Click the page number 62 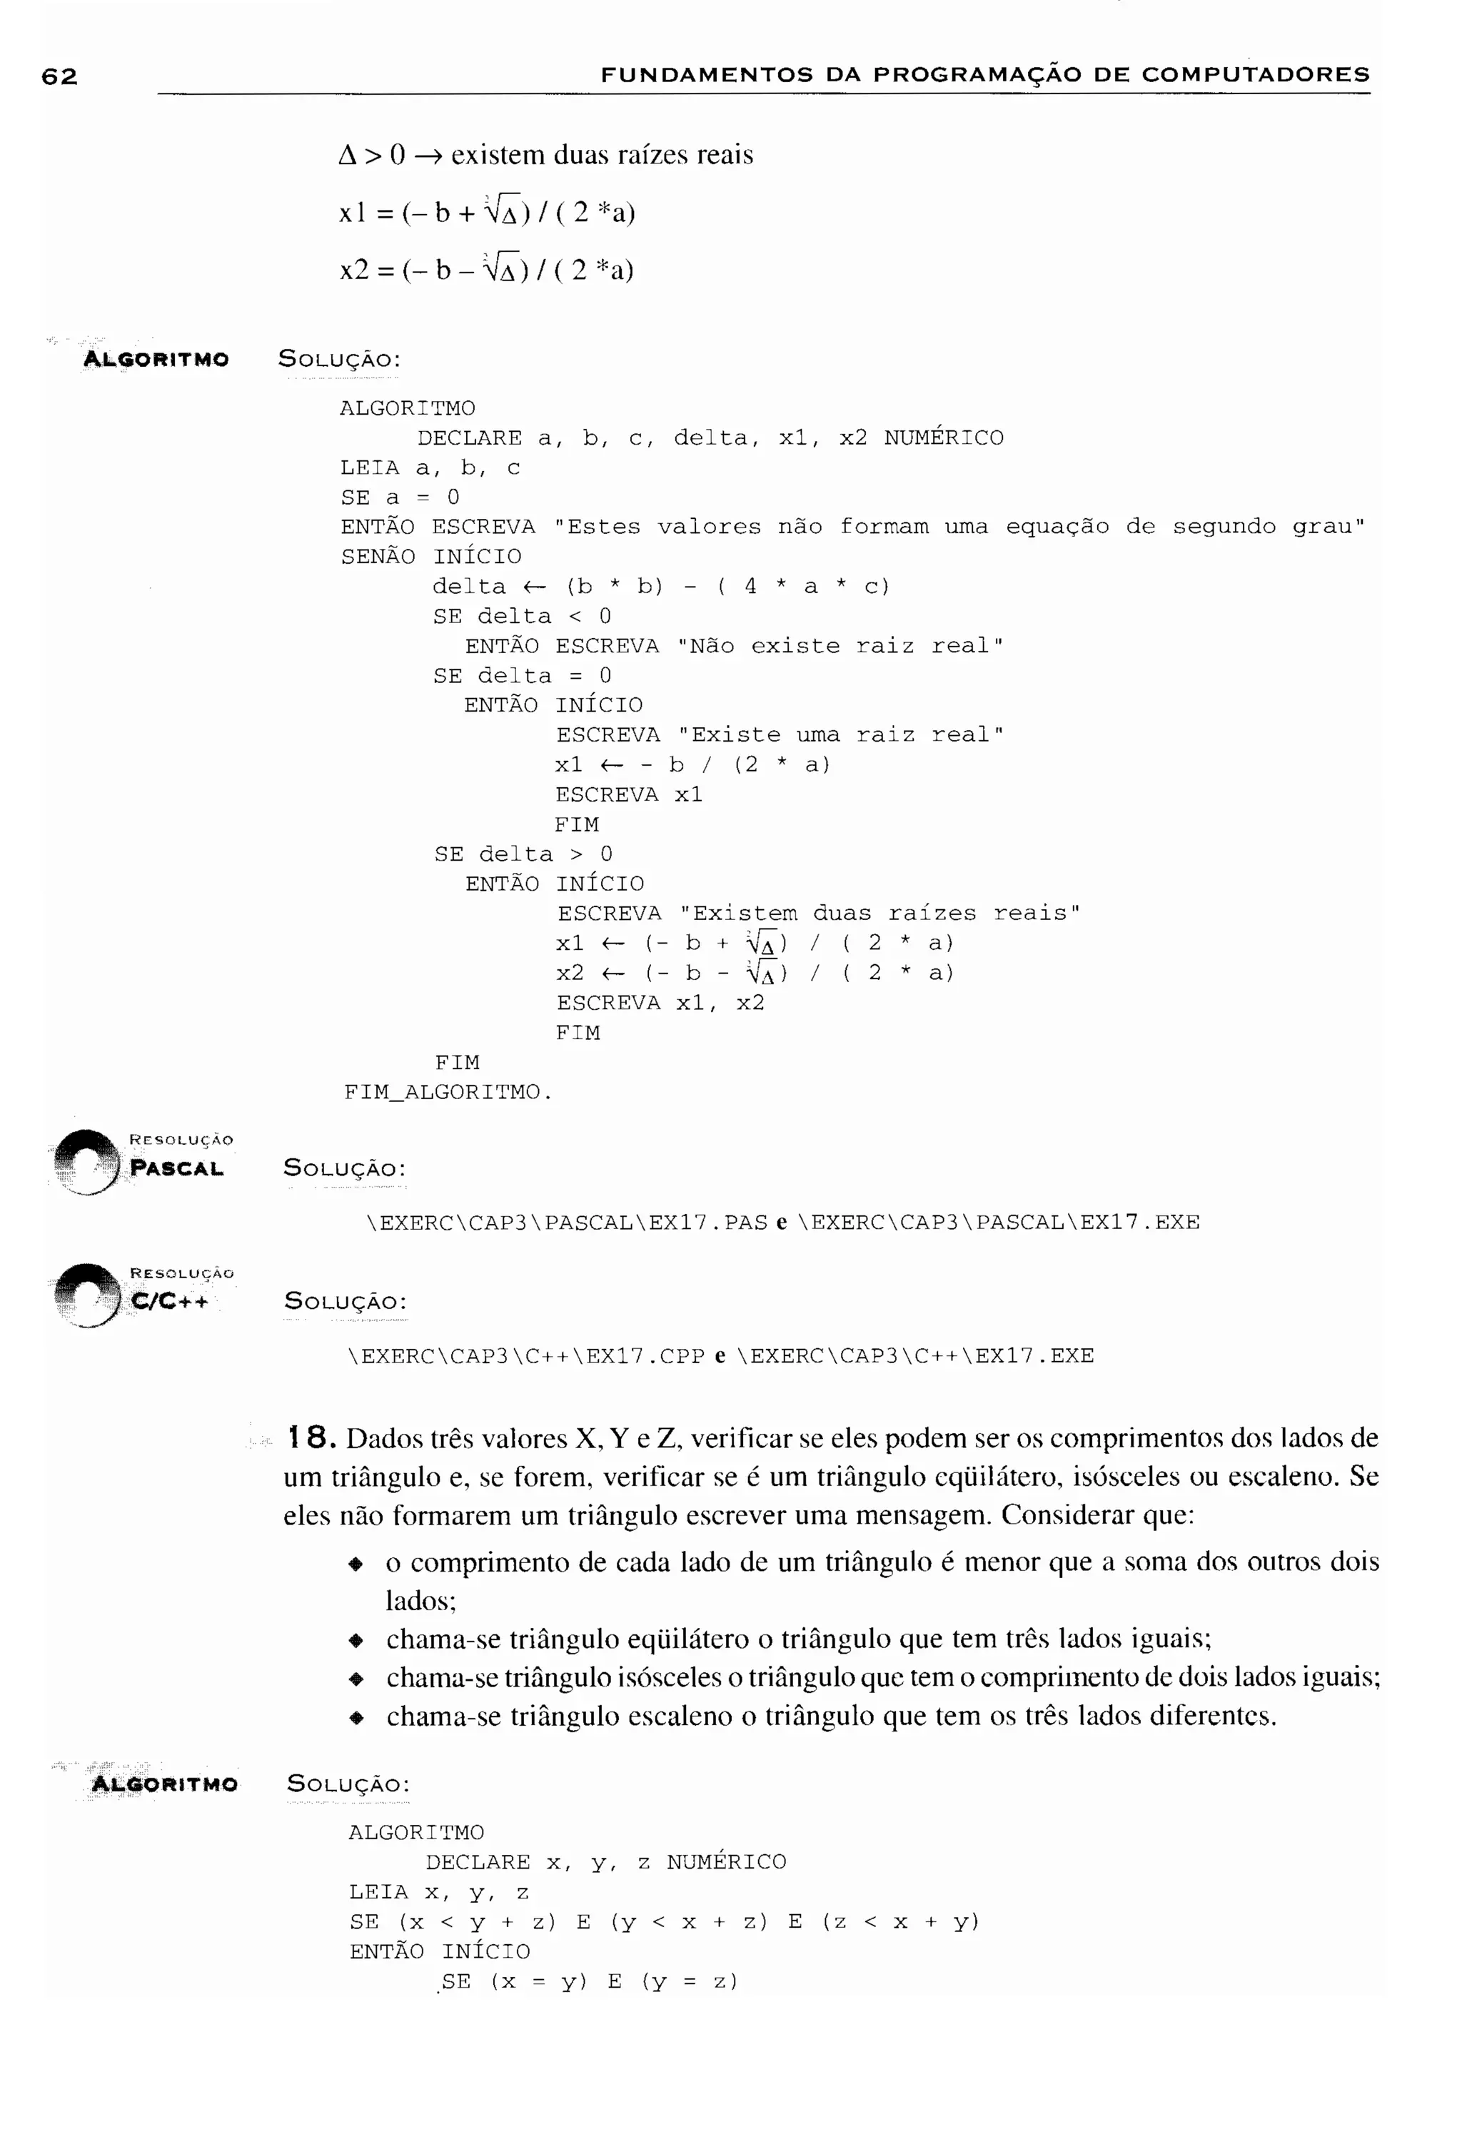[59, 76]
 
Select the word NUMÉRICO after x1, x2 [944, 438]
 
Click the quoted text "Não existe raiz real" [840, 646]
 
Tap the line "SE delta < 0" [522, 617]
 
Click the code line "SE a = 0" [400, 497]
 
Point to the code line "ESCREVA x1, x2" [660, 1003]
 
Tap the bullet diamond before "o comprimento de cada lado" [356, 1564]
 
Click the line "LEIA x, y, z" [439, 1893]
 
